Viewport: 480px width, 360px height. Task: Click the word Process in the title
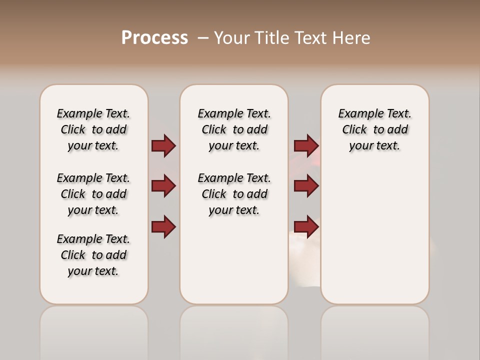point(154,38)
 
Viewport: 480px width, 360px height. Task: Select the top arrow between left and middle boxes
point(163,145)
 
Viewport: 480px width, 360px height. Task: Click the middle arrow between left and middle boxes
point(163,186)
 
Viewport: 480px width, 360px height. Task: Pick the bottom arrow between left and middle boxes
point(163,227)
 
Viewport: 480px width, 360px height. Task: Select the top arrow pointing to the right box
point(306,145)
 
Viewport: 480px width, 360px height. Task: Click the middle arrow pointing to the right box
point(306,186)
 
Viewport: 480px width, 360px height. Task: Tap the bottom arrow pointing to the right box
point(306,227)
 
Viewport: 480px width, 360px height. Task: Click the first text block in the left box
point(93,129)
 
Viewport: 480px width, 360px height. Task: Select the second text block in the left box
point(93,194)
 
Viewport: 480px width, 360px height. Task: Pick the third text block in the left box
point(93,255)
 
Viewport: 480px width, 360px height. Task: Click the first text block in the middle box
point(234,129)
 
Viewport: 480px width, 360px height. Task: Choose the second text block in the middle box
point(234,194)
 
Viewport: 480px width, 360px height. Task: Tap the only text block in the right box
point(374,129)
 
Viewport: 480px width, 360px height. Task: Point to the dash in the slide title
point(202,38)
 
